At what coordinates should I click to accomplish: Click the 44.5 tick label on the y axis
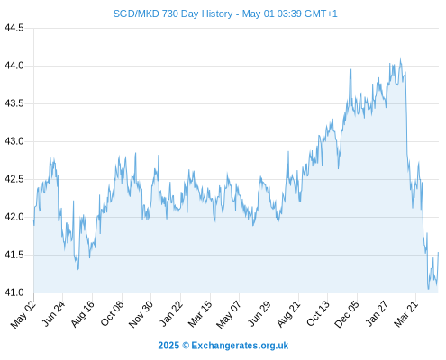(14, 28)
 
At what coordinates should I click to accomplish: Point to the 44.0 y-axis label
(14, 66)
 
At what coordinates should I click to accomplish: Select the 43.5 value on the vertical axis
(14, 103)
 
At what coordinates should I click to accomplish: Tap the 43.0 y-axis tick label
(14, 141)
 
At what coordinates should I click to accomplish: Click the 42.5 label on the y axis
(14, 179)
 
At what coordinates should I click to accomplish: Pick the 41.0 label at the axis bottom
(14, 292)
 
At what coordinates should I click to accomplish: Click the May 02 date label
(23, 314)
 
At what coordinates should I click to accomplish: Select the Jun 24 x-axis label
(53, 313)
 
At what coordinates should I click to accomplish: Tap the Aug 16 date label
(83, 314)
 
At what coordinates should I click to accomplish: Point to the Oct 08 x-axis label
(112, 314)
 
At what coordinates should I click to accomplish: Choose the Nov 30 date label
(141, 314)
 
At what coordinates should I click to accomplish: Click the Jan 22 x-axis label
(171, 313)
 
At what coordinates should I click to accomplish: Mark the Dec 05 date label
(347, 314)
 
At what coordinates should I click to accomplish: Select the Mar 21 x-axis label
(406, 314)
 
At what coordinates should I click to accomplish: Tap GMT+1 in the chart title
(321, 13)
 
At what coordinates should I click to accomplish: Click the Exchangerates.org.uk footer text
(240, 346)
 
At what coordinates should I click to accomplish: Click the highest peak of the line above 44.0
(400, 58)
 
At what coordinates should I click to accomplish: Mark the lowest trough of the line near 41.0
(428, 289)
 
